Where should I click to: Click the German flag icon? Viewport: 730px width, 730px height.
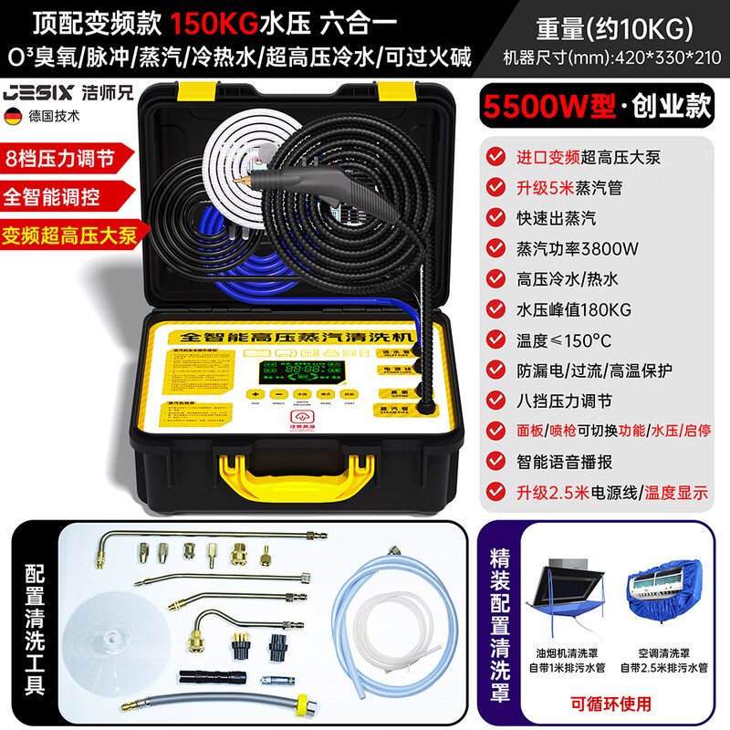pos(15,116)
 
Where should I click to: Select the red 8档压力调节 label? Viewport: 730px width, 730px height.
pos(62,157)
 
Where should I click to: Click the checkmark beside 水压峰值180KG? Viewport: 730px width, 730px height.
pos(494,308)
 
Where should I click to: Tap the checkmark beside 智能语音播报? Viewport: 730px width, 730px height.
pos(494,462)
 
